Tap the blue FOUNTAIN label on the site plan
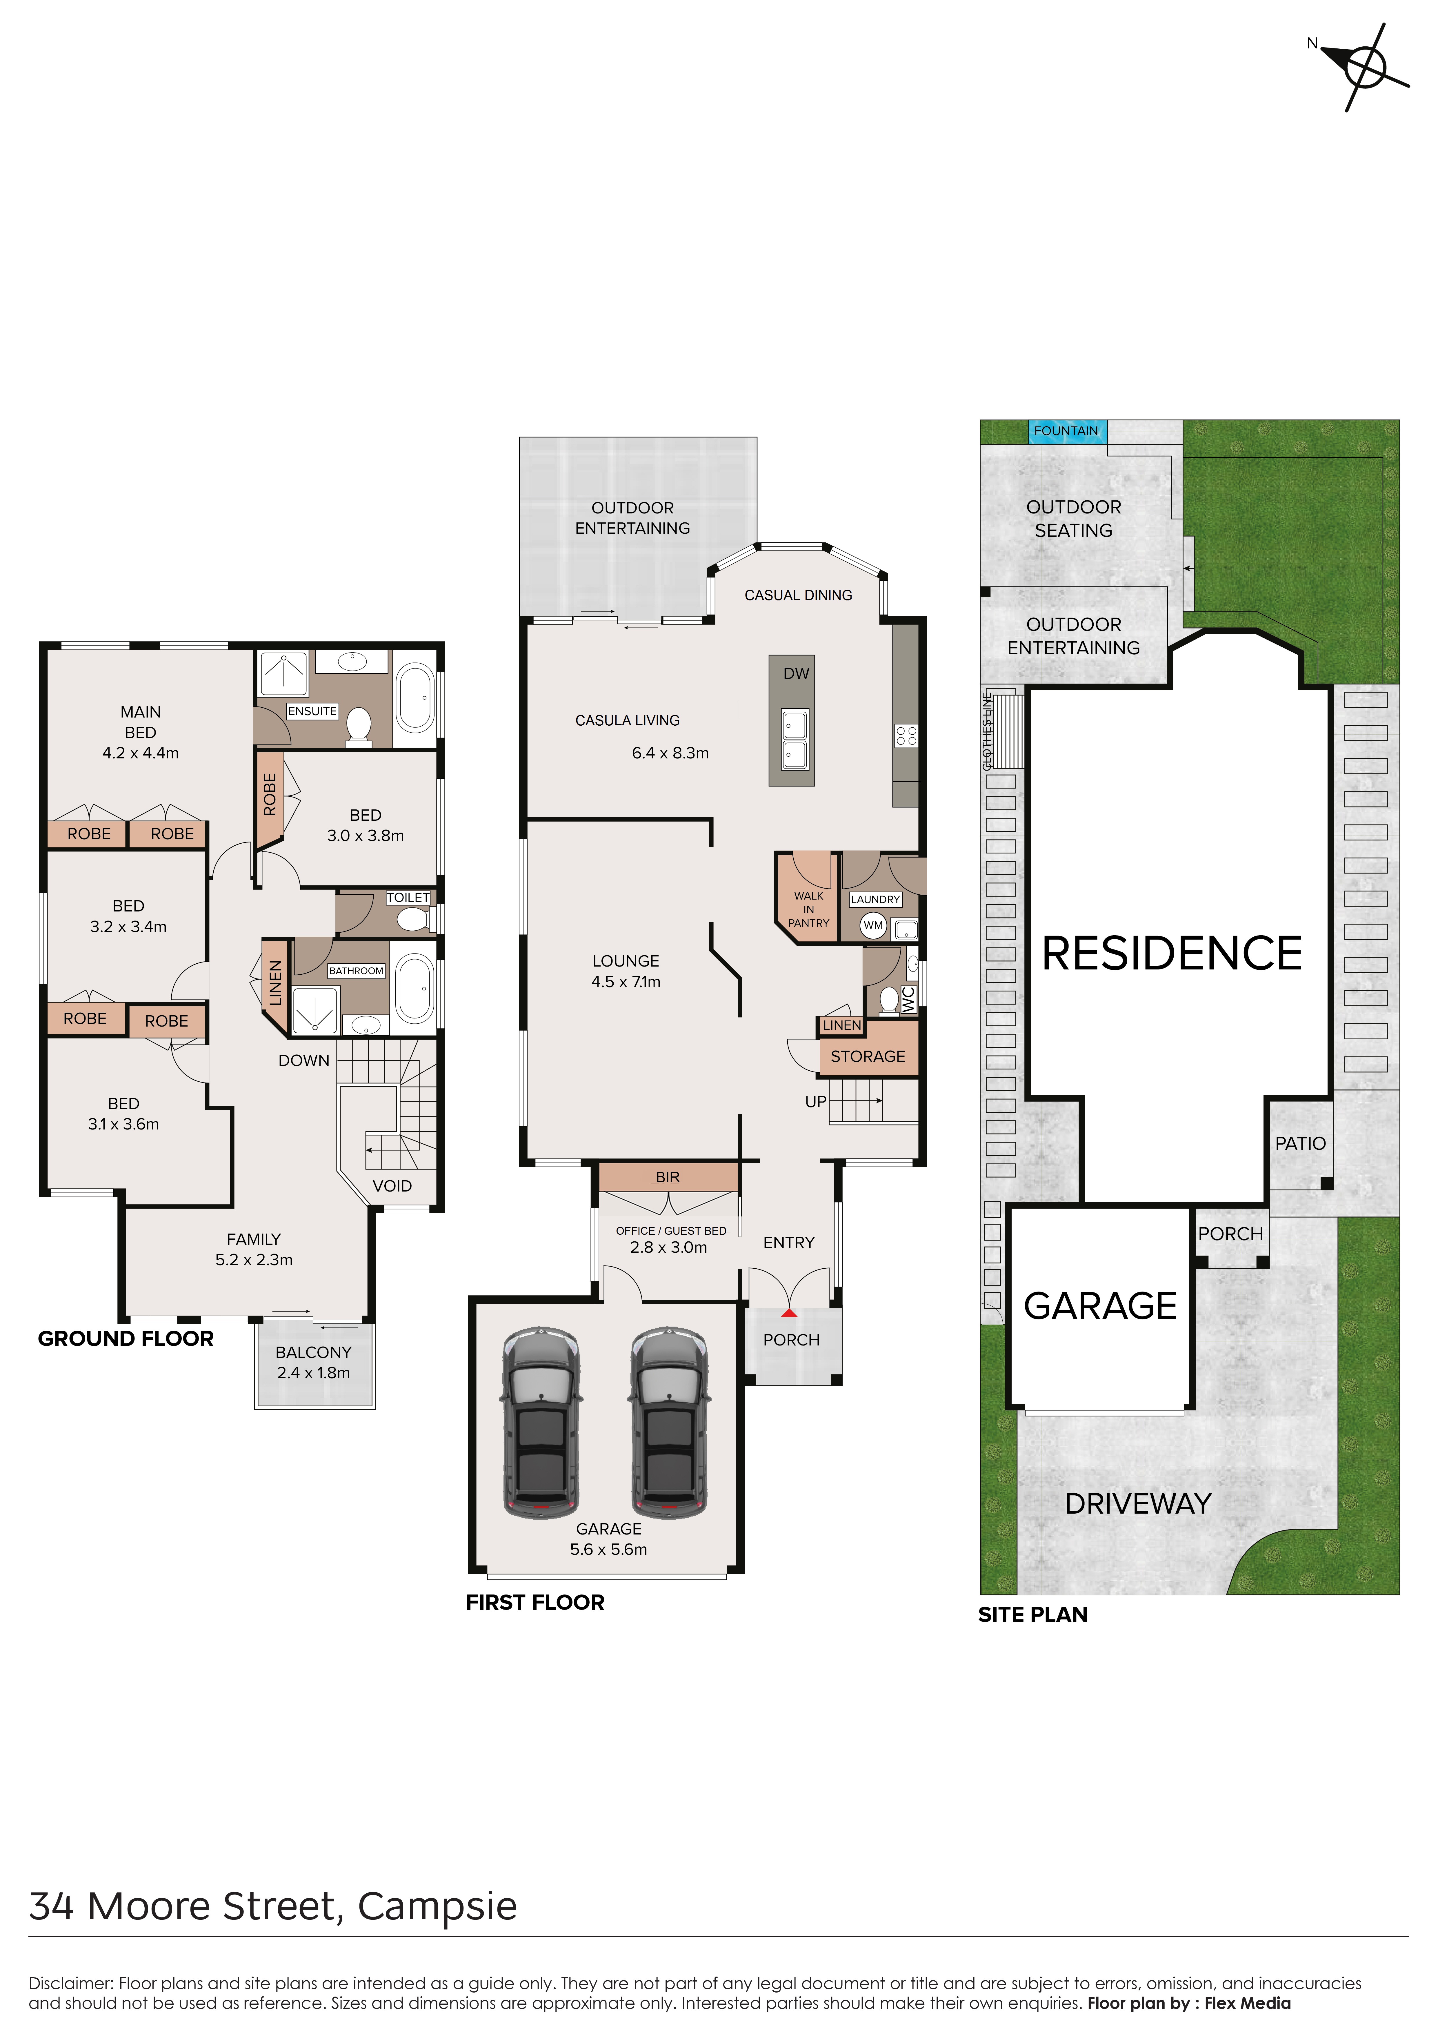pyautogui.click(x=1066, y=431)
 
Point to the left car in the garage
pyautogui.click(x=541, y=1423)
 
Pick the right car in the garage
pyautogui.click(x=669, y=1423)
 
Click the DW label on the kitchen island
pyautogui.click(x=796, y=673)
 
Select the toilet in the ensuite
pyautogui.click(x=358, y=723)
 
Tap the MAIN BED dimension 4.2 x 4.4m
pyautogui.click(x=140, y=753)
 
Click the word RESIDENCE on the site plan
pyautogui.click(x=1171, y=953)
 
